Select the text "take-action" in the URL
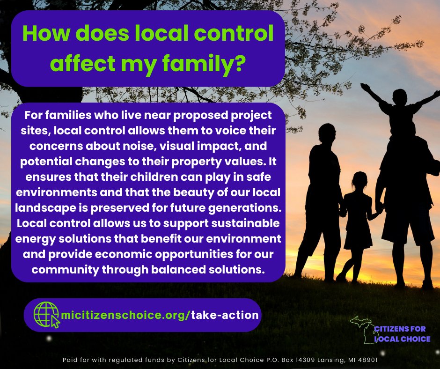point(225,315)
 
